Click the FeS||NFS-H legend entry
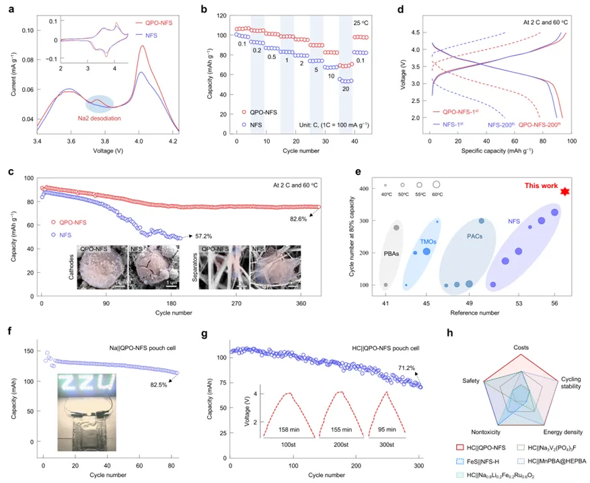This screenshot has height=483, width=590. tap(490, 460)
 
